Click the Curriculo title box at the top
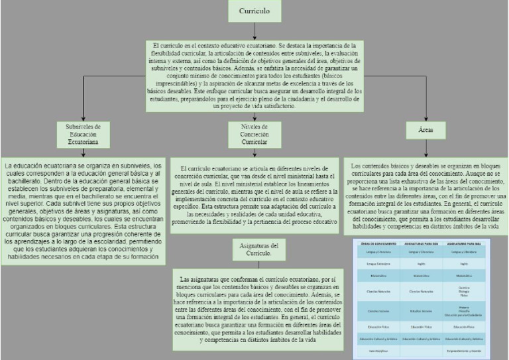254,12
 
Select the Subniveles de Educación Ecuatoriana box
83,134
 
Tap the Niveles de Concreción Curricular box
254,134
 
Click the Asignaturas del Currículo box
254,250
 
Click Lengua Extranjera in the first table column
378,263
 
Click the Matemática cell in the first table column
378,274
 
